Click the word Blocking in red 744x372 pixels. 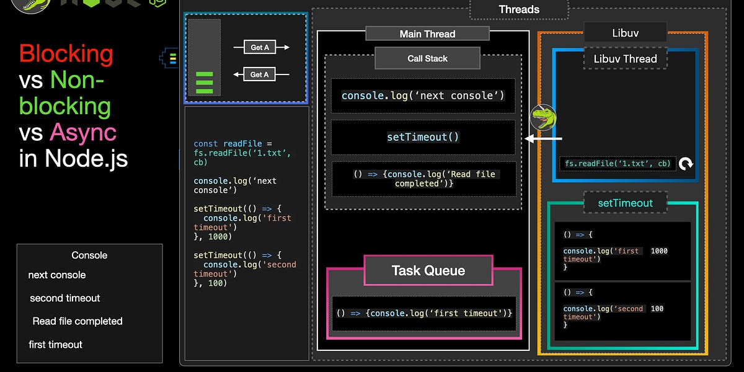66,54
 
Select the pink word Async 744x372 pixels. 83,132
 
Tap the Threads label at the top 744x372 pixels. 519,9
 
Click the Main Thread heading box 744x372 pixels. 427,34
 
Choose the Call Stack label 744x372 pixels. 427,58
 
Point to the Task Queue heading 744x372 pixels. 428,270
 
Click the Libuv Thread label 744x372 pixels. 625,59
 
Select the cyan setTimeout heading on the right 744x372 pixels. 625,203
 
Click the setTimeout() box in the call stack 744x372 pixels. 423,137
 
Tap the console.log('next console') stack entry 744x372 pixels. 423,95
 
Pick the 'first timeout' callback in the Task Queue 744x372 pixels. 424,313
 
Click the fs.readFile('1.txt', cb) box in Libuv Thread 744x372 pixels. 618,164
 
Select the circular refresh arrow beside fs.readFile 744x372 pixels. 686,164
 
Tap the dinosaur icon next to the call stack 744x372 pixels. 543,117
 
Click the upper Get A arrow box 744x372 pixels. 260,47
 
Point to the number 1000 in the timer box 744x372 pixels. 659,251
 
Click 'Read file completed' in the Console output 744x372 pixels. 77,321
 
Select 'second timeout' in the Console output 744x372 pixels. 65,298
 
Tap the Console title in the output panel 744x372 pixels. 89,255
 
